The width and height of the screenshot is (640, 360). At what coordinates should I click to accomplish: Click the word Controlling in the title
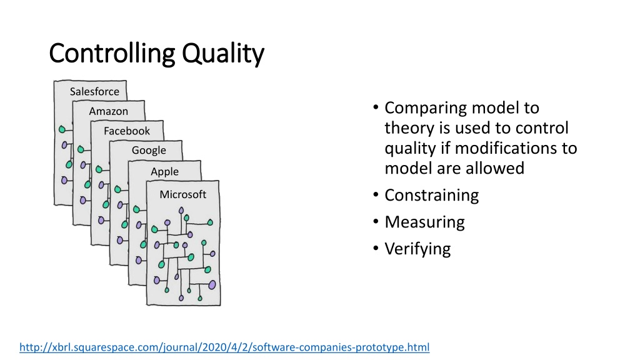click(x=112, y=54)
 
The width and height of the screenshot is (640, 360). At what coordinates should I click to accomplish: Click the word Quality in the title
click(x=223, y=54)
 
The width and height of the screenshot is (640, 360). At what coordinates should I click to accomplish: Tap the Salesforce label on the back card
click(x=94, y=91)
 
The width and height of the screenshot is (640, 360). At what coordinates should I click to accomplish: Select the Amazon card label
click(x=109, y=111)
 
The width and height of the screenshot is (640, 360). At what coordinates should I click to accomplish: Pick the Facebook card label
click(x=126, y=131)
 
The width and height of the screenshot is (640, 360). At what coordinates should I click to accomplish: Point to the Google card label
click(x=149, y=151)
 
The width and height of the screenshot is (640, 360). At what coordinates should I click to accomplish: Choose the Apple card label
click(x=164, y=171)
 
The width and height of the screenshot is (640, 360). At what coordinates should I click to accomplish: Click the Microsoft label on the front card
click(x=183, y=194)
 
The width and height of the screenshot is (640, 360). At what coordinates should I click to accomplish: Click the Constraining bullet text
click(x=431, y=196)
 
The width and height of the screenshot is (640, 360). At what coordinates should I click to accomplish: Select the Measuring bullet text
click(x=424, y=222)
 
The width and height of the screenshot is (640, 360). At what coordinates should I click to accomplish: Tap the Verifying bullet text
click(x=417, y=249)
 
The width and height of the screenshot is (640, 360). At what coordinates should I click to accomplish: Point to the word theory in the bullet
click(x=409, y=128)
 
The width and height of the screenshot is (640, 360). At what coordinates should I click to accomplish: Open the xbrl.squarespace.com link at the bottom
click(x=224, y=347)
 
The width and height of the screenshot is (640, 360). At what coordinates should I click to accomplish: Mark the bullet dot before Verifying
click(x=376, y=248)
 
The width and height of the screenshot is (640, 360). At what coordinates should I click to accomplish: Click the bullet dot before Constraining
click(x=376, y=195)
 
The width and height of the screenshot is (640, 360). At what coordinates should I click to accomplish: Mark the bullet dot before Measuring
click(x=376, y=222)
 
